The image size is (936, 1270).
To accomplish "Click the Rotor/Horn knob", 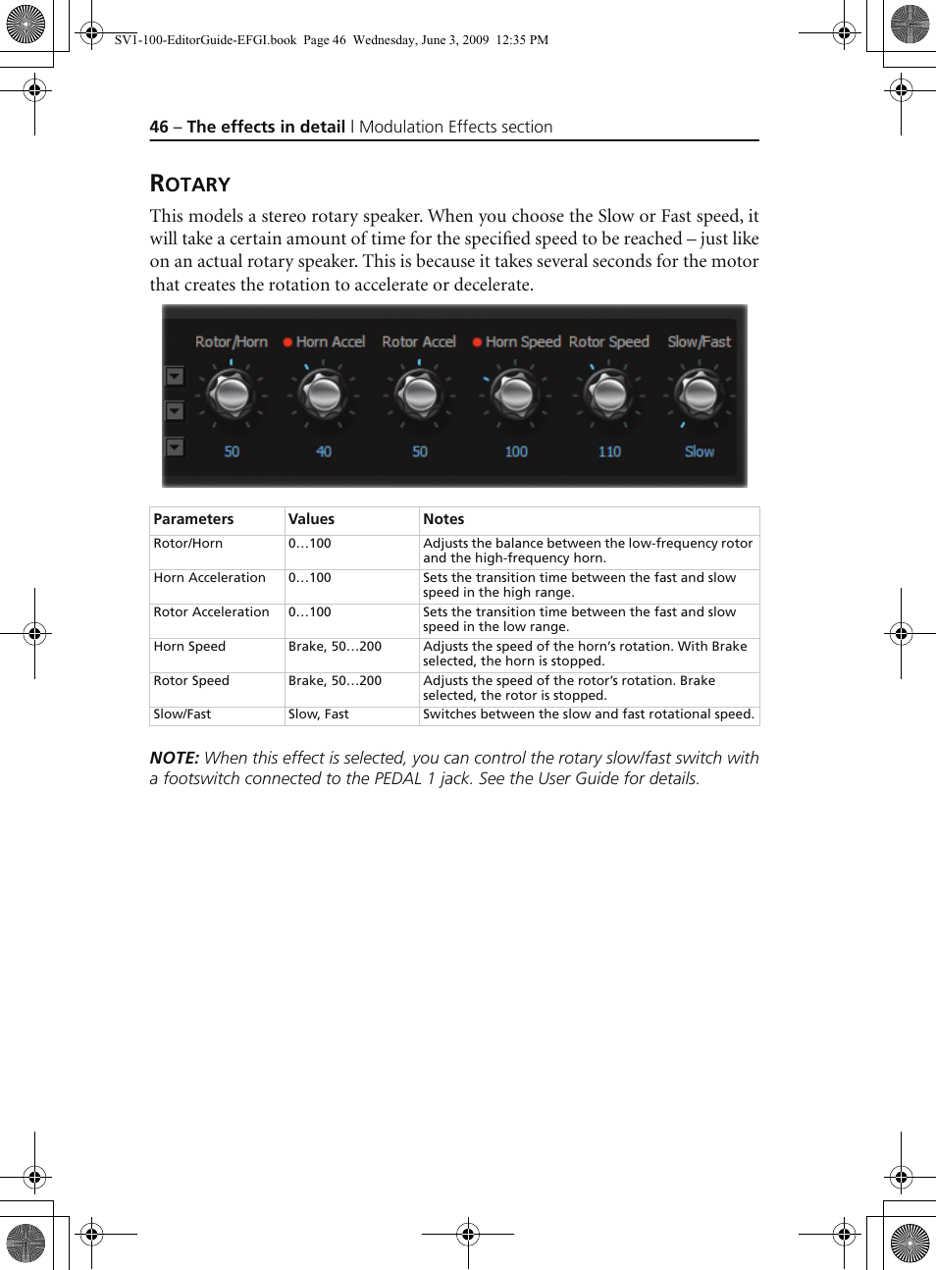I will (232, 395).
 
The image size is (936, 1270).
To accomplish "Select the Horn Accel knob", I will (324, 395).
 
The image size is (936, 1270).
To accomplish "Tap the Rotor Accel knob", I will (420, 395).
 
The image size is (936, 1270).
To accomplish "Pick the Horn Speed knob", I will (516, 395).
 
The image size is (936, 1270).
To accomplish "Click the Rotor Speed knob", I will (609, 395).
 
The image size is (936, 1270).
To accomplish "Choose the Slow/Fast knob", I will (700, 395).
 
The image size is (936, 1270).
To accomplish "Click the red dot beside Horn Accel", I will (287, 343).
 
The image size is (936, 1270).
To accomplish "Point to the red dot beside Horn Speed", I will (477, 343).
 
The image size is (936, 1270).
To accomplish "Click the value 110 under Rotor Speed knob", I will (609, 451).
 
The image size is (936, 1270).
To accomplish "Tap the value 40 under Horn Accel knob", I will (324, 451).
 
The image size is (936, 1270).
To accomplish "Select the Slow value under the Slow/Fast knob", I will (700, 451).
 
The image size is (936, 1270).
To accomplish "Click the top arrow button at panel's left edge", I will (175, 376).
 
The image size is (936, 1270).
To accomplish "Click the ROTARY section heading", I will (190, 184).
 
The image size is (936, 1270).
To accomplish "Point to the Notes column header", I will (443, 519).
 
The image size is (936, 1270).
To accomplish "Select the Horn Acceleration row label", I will (209, 578).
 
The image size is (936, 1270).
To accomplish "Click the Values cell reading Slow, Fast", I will (318, 714).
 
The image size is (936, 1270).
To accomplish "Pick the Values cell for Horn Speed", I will (335, 647).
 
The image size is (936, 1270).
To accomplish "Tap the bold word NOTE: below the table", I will (174, 758).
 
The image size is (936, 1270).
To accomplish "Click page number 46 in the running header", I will (159, 127).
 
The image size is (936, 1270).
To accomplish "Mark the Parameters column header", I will (193, 519).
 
